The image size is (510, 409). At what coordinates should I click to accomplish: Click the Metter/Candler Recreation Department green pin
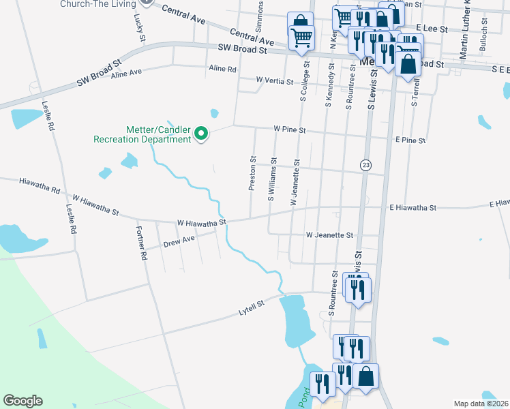(201, 134)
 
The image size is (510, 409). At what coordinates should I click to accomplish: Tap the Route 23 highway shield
(366, 166)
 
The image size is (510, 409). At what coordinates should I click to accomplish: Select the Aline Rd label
(222, 69)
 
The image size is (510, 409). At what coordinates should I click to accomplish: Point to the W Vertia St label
(274, 80)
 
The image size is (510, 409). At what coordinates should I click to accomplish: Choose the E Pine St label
(410, 140)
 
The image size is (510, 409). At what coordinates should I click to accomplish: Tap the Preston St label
(252, 175)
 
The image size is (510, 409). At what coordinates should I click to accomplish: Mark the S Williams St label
(271, 180)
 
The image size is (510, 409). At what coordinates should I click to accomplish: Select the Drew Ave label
(179, 241)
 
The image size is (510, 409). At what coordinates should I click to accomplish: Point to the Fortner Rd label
(141, 243)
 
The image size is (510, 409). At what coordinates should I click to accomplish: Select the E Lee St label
(431, 29)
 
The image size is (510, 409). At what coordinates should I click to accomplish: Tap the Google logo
(22, 401)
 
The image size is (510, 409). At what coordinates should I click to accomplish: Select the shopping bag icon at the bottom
(365, 377)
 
